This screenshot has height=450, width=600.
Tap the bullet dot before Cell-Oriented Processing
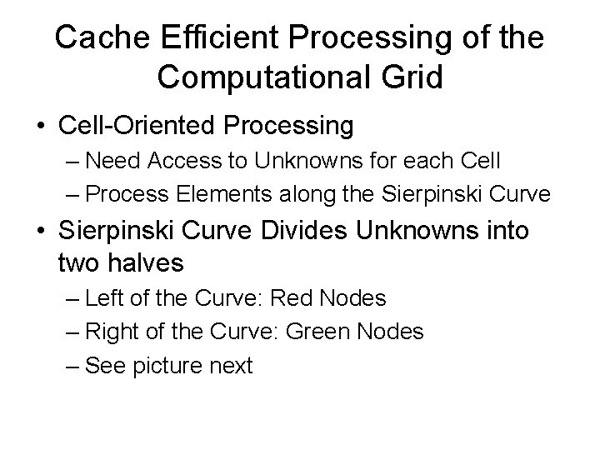coord(41,127)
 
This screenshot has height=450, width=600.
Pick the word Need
coord(112,160)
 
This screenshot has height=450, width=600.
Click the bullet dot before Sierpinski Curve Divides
coord(41,230)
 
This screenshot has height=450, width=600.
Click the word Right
coord(111,331)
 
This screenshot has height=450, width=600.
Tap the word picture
coord(170,365)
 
